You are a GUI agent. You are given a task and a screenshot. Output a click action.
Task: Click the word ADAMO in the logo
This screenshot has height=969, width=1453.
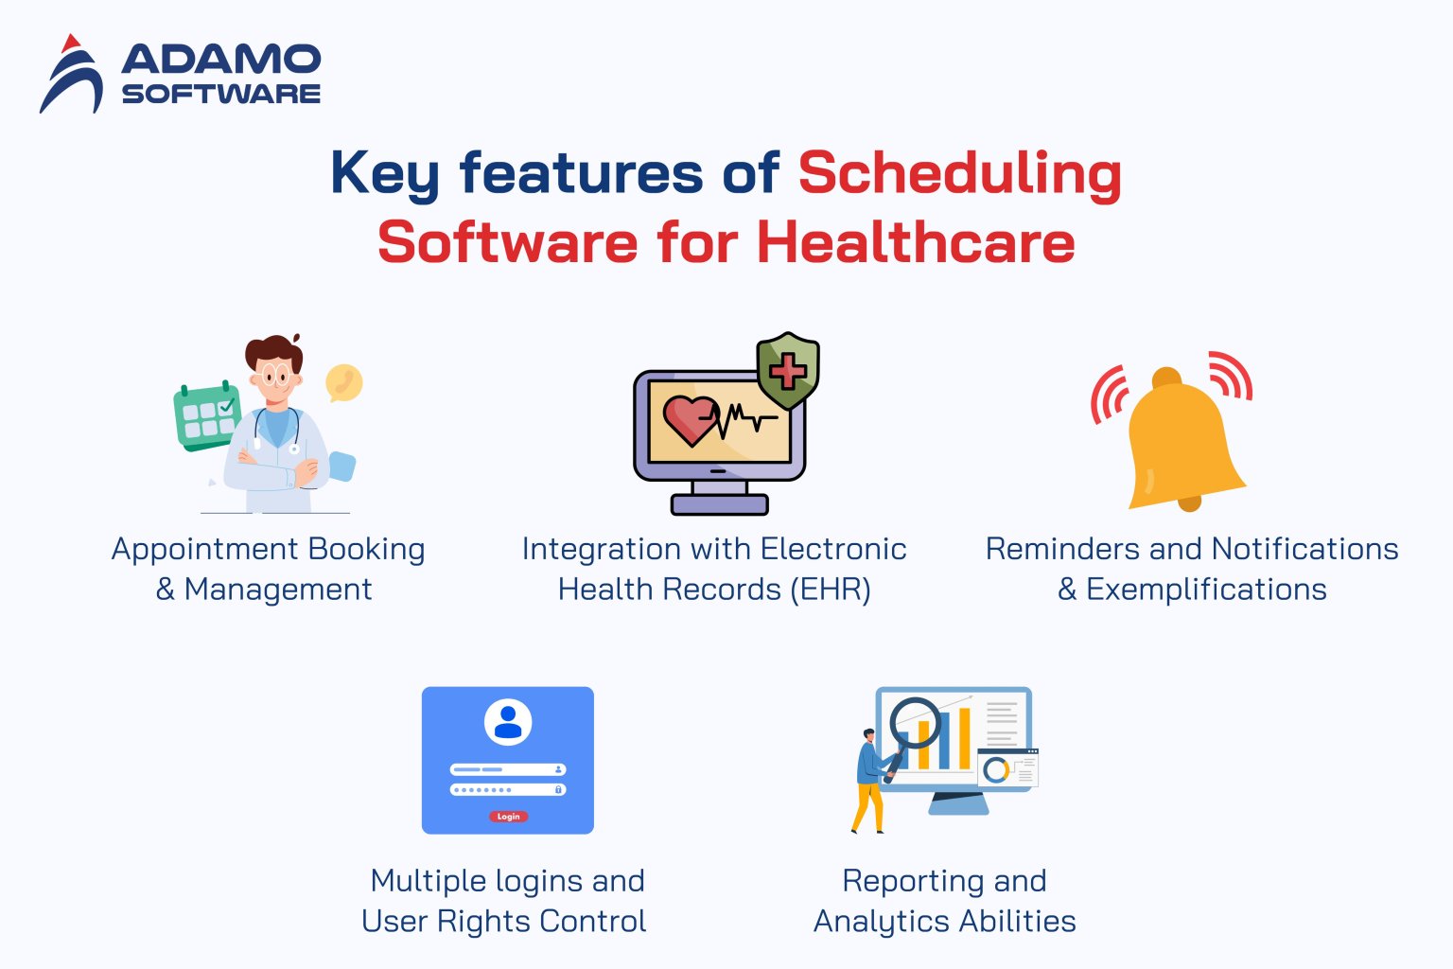[221, 60]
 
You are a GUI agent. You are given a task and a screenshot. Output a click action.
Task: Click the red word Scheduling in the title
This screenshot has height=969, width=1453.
[959, 174]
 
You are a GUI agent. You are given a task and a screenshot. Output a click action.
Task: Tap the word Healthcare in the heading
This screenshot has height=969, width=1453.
[915, 243]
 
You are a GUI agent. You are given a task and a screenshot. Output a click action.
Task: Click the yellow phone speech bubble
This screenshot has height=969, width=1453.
[343, 382]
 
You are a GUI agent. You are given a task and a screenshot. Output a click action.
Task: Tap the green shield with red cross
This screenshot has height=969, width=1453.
[787, 370]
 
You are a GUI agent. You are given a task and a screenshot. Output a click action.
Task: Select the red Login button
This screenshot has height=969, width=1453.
[508, 817]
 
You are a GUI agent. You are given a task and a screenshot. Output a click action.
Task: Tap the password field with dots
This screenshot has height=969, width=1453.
[508, 789]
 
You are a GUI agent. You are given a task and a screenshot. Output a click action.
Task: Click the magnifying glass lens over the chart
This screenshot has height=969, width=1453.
[915, 724]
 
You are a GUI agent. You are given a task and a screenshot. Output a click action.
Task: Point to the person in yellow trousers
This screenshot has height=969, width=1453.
[868, 782]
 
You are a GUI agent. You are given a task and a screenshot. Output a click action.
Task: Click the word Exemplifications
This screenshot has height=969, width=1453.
[1205, 590]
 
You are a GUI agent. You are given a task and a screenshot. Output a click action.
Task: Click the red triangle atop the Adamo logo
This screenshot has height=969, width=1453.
[69, 44]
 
